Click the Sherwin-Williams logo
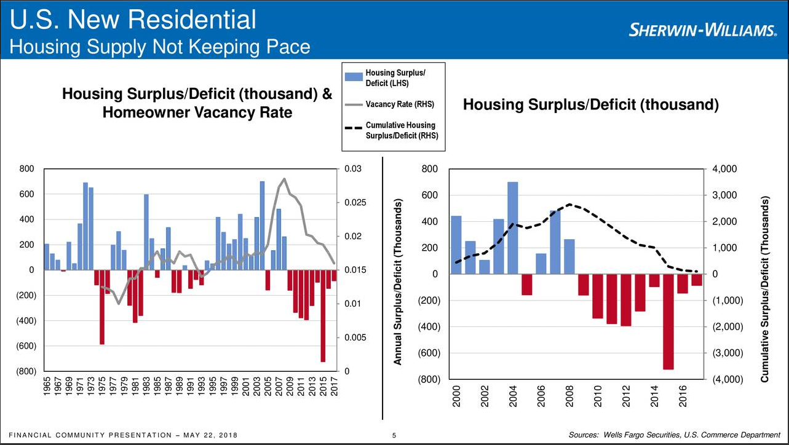tap(705, 30)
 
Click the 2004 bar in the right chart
tap(513, 228)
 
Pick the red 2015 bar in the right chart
tap(668, 322)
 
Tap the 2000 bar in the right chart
tap(456, 245)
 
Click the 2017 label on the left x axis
tap(335, 387)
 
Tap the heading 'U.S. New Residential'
tap(133, 20)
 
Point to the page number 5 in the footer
tap(394, 436)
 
